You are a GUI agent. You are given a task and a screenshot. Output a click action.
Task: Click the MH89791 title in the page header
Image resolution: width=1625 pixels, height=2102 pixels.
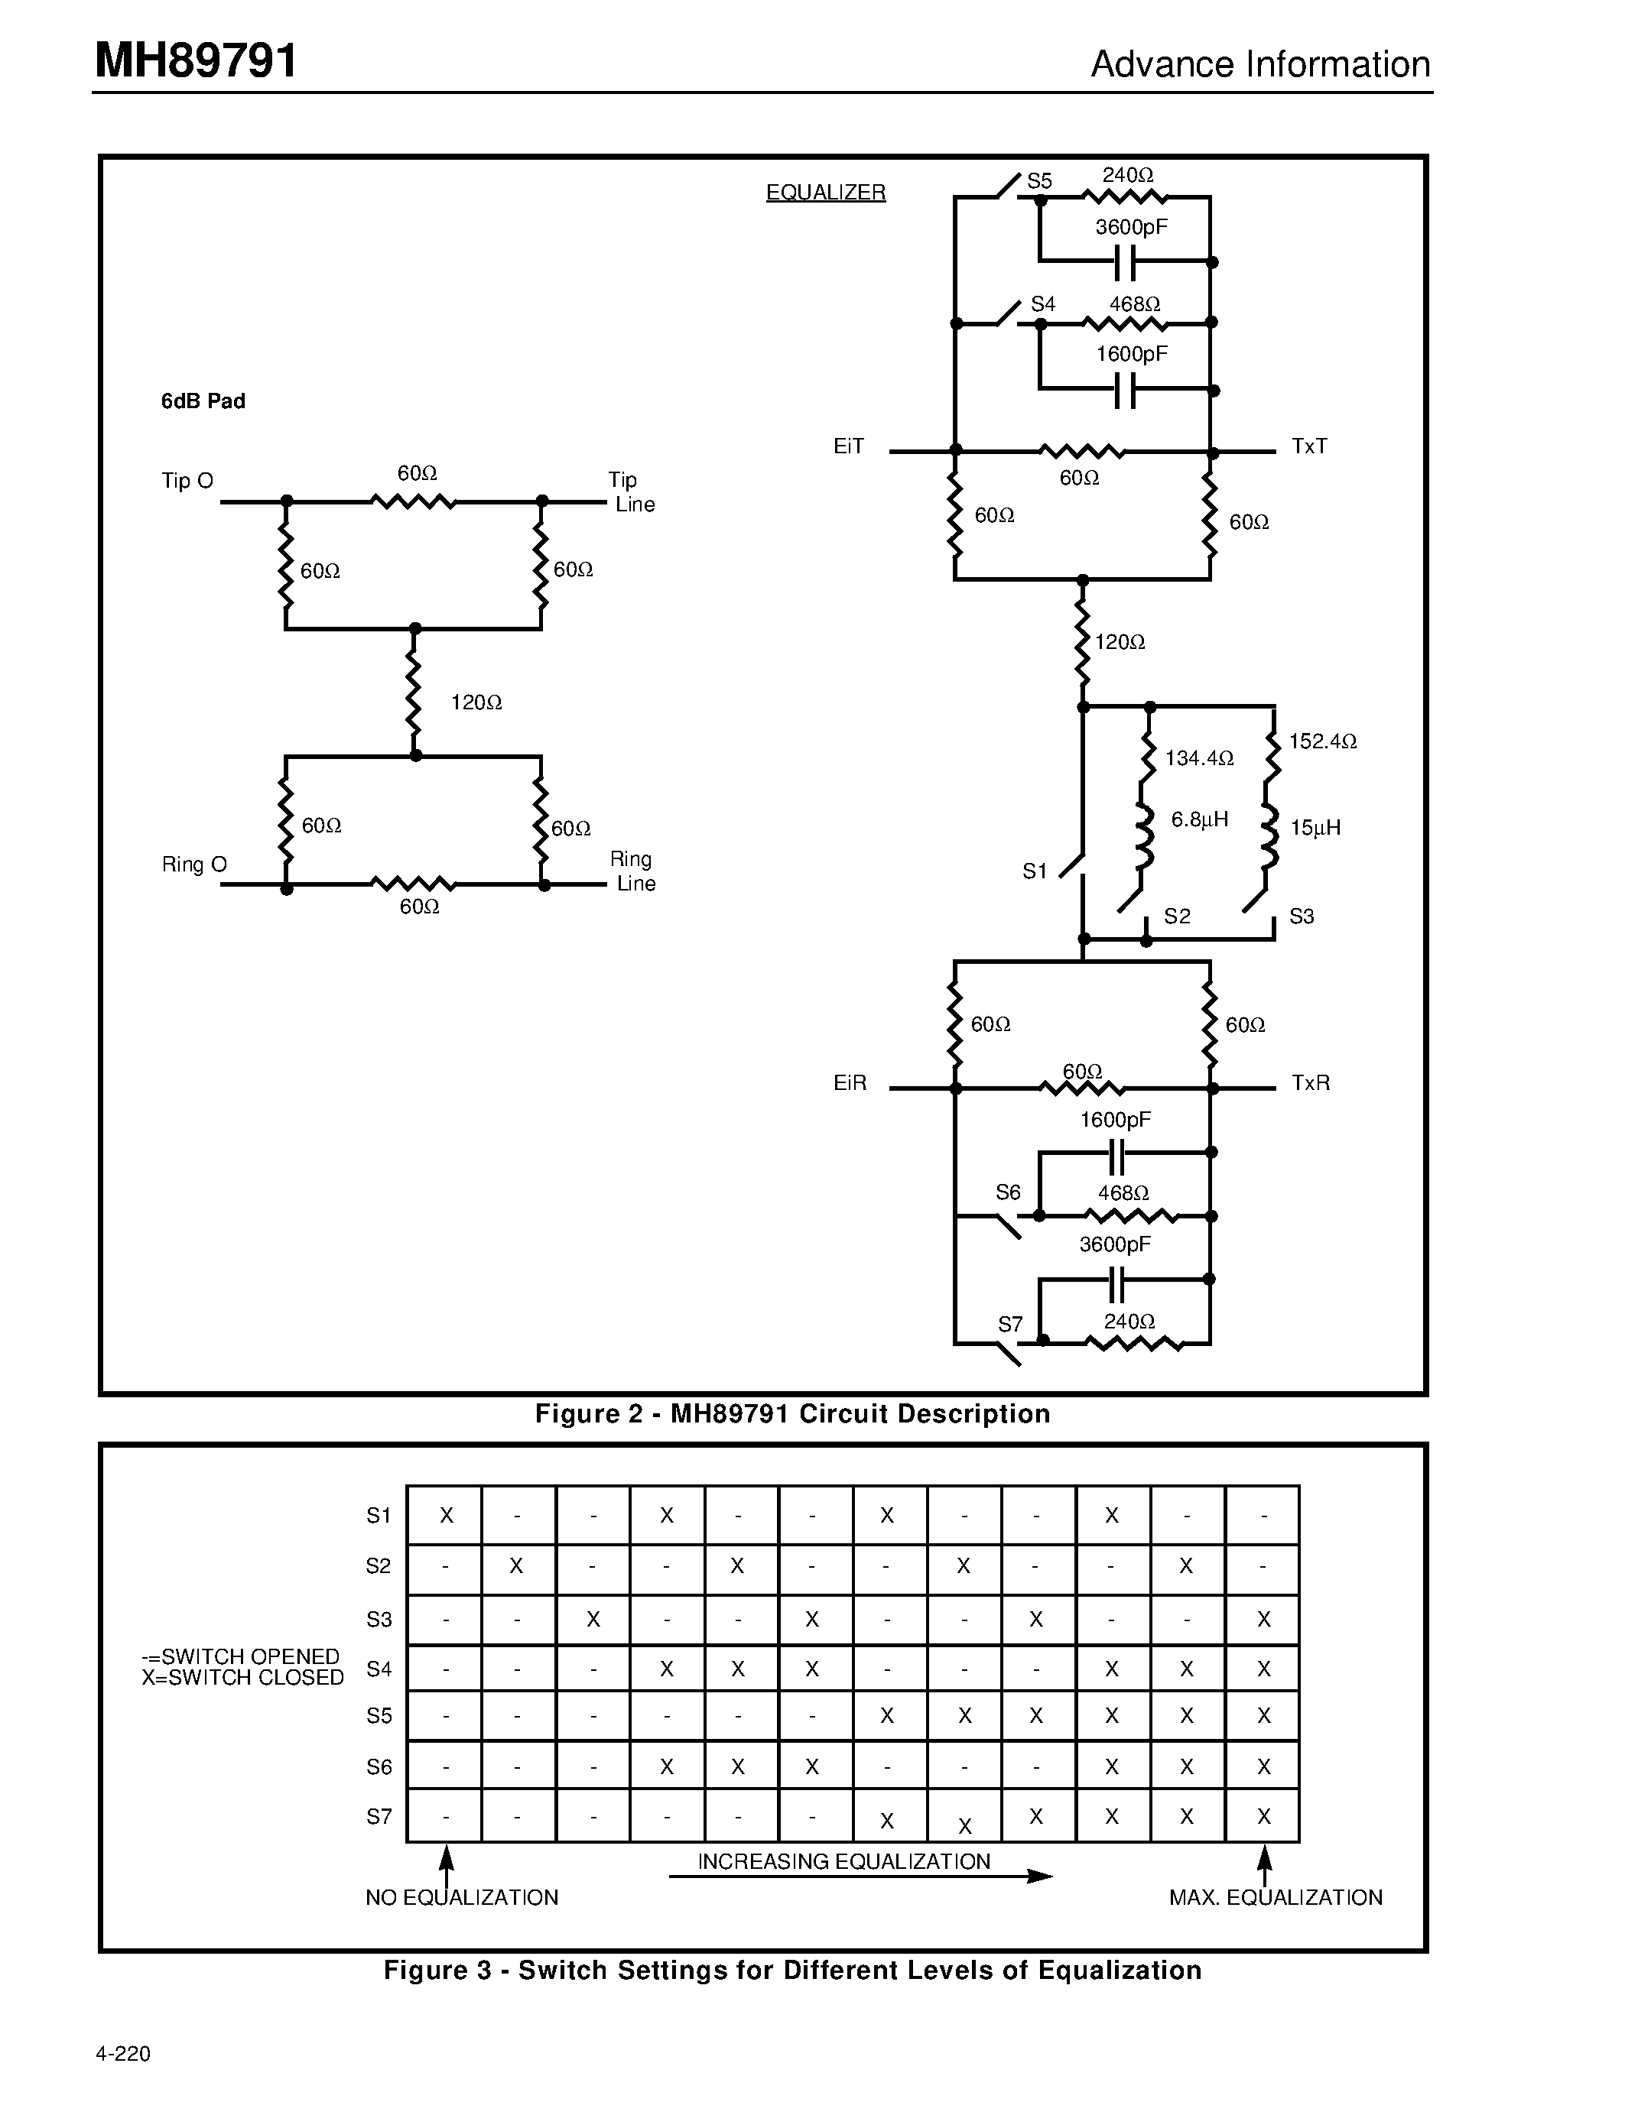[x=197, y=62]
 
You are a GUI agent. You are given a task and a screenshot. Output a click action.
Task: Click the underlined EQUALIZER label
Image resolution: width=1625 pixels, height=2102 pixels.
[x=825, y=193]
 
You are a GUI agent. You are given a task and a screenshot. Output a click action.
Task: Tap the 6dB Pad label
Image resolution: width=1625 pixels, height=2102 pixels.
[x=203, y=401]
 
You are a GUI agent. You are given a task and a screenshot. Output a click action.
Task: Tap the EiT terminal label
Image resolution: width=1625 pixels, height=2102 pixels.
[x=848, y=446]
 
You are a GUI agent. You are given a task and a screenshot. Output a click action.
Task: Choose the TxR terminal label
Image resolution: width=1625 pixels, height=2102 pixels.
[x=1310, y=1083]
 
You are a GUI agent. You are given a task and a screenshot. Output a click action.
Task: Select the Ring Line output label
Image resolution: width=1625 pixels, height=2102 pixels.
[x=632, y=871]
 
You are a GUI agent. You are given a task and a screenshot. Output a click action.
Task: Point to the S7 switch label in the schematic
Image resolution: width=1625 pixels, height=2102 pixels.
[x=1009, y=1325]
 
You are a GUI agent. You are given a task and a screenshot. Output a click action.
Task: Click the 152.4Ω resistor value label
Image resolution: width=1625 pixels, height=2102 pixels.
[x=1323, y=741]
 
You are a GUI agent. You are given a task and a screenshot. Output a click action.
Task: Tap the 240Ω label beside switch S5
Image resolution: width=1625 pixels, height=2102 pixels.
[x=1127, y=175]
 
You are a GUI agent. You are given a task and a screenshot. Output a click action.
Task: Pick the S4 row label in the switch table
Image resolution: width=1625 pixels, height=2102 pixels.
[x=379, y=1668]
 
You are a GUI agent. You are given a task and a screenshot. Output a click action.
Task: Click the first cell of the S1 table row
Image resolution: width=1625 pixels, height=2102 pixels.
[x=445, y=1515]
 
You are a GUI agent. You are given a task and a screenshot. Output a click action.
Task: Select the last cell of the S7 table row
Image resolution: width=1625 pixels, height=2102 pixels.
[x=1263, y=1816]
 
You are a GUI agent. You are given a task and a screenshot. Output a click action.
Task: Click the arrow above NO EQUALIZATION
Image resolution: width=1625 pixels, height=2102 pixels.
[x=446, y=1867]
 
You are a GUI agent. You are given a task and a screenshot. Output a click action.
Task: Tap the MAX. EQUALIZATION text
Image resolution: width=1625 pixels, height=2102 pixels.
[x=1275, y=1897]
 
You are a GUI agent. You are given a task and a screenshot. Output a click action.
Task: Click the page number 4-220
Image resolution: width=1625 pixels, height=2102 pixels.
[x=123, y=2053]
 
